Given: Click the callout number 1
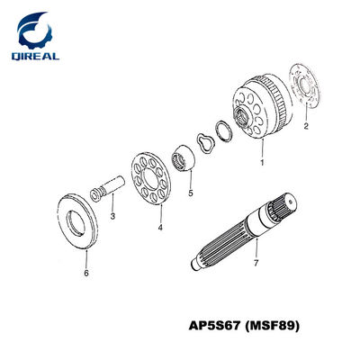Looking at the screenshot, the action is [x=262, y=163].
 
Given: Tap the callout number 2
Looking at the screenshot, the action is [x=306, y=126].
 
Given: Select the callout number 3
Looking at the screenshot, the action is [x=112, y=216].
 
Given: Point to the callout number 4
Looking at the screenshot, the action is [x=160, y=228].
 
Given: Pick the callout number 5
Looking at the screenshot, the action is [x=191, y=193].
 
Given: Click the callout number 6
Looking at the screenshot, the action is [x=86, y=274].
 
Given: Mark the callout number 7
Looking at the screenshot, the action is [x=256, y=263].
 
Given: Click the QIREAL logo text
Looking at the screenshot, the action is [x=35, y=56].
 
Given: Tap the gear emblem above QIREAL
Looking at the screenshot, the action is [x=34, y=30].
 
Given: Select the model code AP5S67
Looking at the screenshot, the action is [x=215, y=326].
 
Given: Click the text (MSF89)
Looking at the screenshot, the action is [x=272, y=326].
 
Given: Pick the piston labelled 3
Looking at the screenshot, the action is [x=108, y=189].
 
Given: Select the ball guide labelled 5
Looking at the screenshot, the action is [x=183, y=157].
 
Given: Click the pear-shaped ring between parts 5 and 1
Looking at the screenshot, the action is [x=205, y=144].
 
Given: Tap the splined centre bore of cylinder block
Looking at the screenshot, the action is [x=241, y=116].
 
